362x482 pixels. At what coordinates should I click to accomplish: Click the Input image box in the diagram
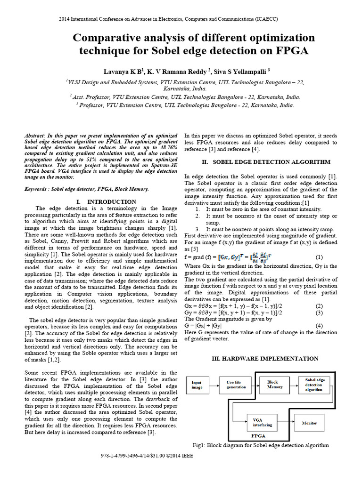pyautogui.click(x=197, y=386)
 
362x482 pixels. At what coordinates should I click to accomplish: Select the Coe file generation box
pyautogui.click(x=236, y=385)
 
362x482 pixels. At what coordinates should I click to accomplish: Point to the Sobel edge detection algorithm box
pyautogui.click(x=315, y=385)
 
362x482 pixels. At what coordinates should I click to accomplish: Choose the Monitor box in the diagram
pyautogui.click(x=310, y=423)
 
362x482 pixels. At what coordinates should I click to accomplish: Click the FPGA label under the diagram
pyautogui.click(x=258, y=435)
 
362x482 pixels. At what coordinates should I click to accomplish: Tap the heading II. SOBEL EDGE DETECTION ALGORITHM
pyautogui.click(x=266, y=162)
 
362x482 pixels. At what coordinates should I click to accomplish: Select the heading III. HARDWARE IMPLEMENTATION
pyautogui.click(x=263, y=358)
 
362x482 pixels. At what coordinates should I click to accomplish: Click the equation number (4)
pyautogui.click(x=319, y=325)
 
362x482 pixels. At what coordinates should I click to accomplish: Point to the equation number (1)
pyautogui.click(x=319, y=257)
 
